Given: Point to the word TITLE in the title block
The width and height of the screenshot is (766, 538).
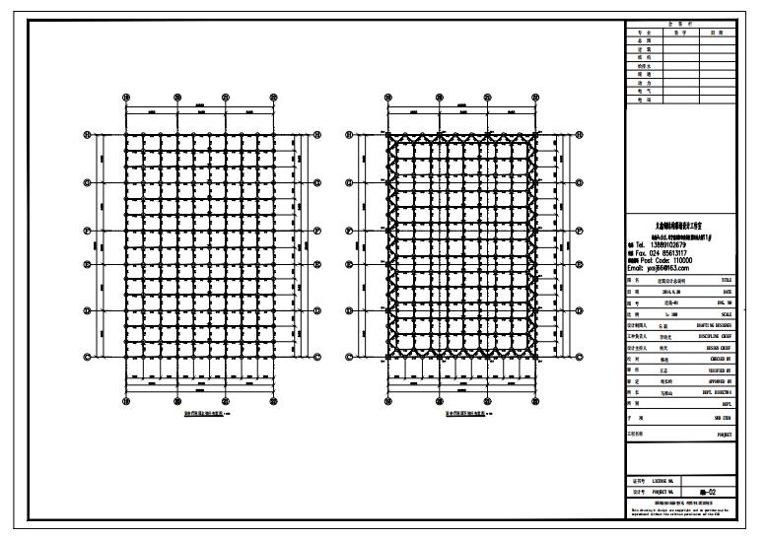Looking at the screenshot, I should [x=726, y=280].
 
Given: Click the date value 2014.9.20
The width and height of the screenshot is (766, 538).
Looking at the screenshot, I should [x=671, y=293].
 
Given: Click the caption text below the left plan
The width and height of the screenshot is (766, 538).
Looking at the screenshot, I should [x=192, y=415].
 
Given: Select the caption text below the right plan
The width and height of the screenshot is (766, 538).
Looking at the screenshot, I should [x=455, y=415].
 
